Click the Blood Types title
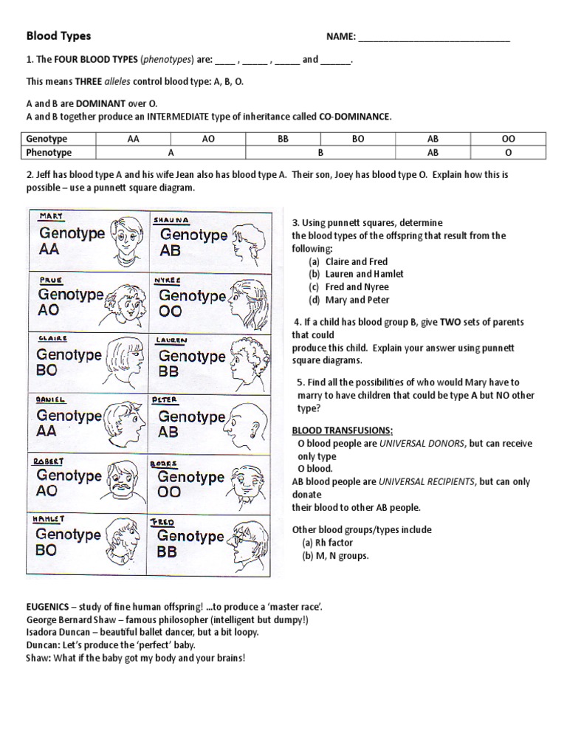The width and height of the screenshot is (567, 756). pyautogui.click(x=59, y=35)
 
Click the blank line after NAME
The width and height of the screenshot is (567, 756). pyautogui.click(x=434, y=37)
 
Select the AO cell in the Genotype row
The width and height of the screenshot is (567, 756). pyautogui.click(x=208, y=139)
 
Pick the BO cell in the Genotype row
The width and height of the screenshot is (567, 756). pyautogui.click(x=358, y=139)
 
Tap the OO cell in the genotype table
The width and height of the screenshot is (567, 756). pyautogui.click(x=508, y=139)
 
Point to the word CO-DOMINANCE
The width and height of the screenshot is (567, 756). pyautogui.click(x=354, y=117)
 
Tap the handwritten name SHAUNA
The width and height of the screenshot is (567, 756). pyautogui.click(x=172, y=219)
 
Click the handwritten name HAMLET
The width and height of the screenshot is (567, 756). pyautogui.click(x=49, y=519)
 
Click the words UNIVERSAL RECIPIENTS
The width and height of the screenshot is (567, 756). pyautogui.click(x=427, y=481)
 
